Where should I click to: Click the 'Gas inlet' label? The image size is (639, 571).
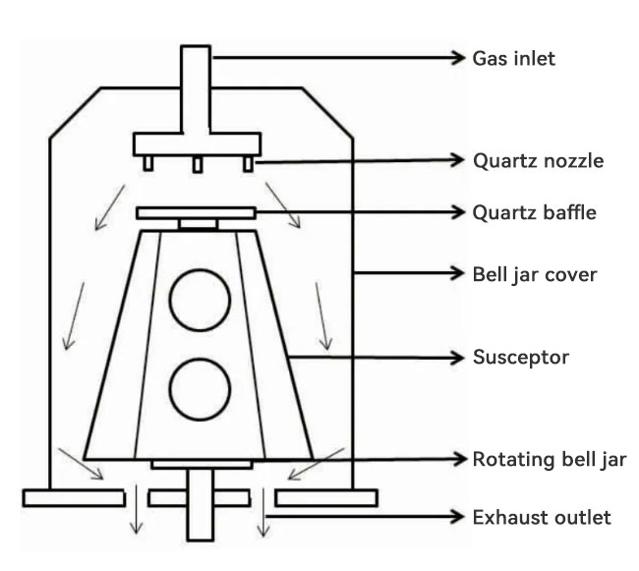point(515,58)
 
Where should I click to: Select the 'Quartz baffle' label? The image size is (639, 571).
point(535,211)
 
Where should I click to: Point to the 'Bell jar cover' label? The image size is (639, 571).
point(535,273)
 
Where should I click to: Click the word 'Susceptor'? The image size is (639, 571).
point(521,358)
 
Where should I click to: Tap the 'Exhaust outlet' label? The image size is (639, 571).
point(542,517)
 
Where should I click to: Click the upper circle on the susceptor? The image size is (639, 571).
point(200,300)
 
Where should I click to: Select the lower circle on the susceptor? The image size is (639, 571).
point(200,390)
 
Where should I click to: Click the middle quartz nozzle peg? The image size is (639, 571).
point(197,163)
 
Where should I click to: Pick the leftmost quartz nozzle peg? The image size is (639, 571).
point(146,162)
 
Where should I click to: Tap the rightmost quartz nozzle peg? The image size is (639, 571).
point(249,162)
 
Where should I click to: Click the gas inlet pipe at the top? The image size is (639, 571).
point(196,88)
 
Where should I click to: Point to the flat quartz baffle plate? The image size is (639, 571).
point(197,212)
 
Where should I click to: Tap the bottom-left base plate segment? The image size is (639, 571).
point(67,497)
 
